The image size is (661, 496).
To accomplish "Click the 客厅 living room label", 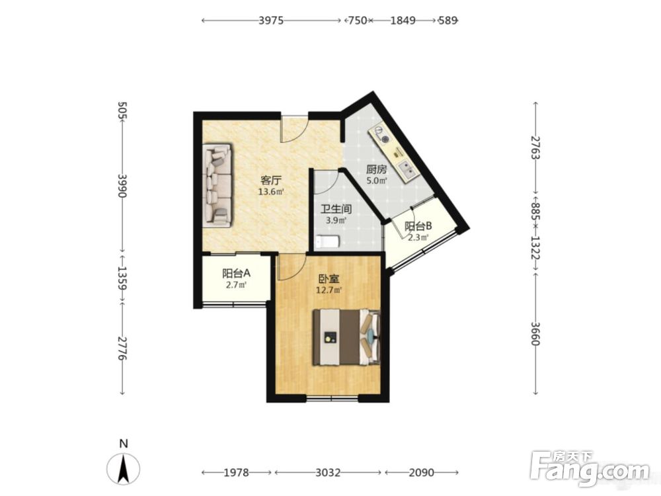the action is pyautogui.click(x=270, y=181).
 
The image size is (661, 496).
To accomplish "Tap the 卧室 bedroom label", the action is pyautogui.click(x=329, y=279).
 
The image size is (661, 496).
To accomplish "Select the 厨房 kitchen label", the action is pyautogui.click(x=376, y=170).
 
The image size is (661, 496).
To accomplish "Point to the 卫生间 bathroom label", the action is pyautogui.click(x=336, y=209).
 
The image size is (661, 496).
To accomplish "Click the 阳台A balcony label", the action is pyautogui.click(x=236, y=273).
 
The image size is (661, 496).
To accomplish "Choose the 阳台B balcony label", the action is pyautogui.click(x=418, y=226).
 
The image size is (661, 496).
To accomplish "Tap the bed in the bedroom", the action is pyautogui.click(x=346, y=337).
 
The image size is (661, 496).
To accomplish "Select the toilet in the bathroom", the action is pyautogui.click(x=328, y=241).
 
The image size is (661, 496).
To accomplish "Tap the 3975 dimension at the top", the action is pyautogui.click(x=271, y=21).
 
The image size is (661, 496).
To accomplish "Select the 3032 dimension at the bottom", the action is pyautogui.click(x=328, y=472).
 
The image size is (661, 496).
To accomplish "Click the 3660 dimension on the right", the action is pyautogui.click(x=535, y=333).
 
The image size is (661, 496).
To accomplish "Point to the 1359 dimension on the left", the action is pyautogui.click(x=122, y=278).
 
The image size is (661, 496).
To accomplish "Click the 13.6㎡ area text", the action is pyautogui.click(x=270, y=192).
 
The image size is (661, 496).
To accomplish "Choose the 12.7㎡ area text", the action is pyautogui.click(x=329, y=290).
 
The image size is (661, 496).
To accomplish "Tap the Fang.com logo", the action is pyautogui.click(x=590, y=468).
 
